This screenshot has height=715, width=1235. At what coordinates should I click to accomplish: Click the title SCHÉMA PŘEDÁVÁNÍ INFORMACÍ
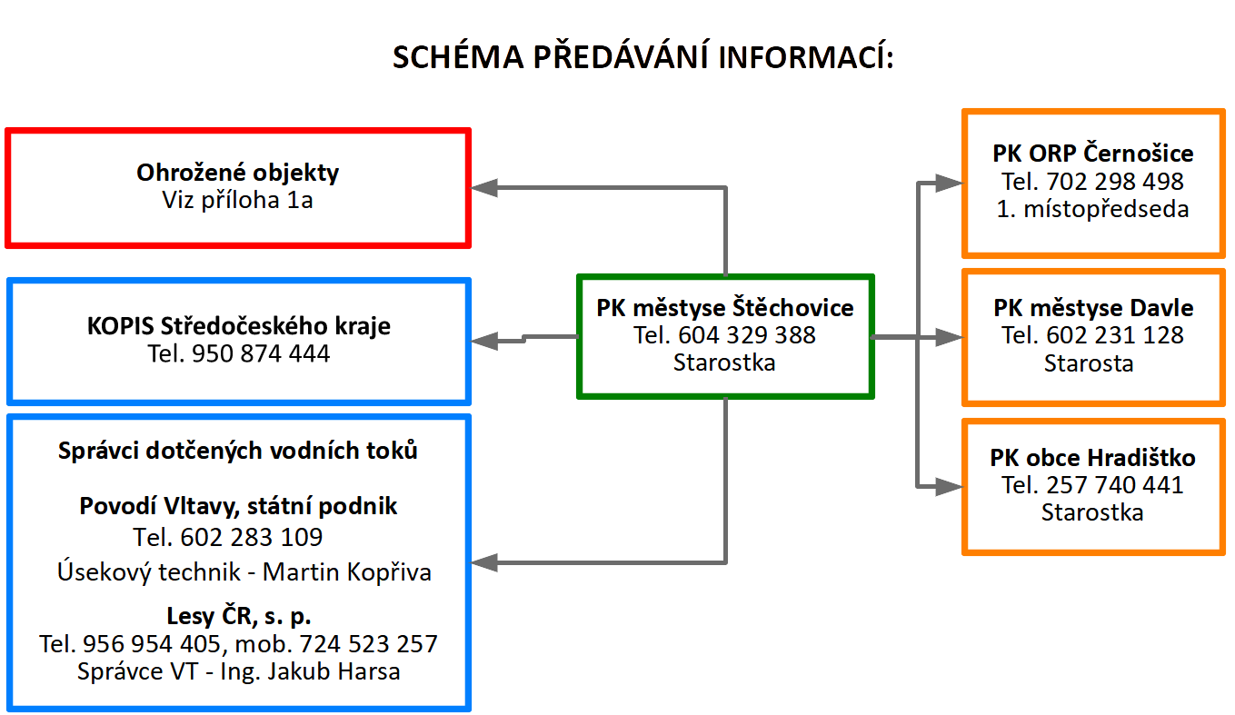(x=642, y=56)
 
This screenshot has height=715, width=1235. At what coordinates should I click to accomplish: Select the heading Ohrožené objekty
(x=237, y=174)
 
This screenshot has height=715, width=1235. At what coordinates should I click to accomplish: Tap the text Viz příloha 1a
(x=237, y=200)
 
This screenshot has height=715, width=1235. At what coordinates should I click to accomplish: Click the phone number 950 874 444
(x=261, y=354)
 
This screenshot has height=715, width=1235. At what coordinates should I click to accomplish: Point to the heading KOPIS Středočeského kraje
(x=239, y=326)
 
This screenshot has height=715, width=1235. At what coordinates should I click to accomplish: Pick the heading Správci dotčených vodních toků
(x=237, y=451)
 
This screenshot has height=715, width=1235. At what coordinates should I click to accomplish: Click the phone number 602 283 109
(x=252, y=538)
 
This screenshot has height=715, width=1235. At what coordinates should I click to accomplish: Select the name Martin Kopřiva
(x=347, y=572)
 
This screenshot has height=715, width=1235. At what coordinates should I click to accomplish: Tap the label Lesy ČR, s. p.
(x=239, y=617)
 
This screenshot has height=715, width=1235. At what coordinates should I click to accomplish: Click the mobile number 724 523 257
(x=368, y=644)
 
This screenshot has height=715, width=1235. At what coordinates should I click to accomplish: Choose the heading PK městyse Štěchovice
(x=725, y=308)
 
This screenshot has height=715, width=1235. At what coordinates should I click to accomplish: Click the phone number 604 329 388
(x=747, y=336)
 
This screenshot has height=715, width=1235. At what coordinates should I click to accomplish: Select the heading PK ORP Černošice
(x=1092, y=154)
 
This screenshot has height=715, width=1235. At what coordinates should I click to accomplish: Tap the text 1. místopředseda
(x=1092, y=210)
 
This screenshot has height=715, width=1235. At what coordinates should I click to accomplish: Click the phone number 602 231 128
(x=1115, y=336)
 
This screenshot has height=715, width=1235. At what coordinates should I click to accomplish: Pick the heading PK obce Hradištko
(x=1092, y=458)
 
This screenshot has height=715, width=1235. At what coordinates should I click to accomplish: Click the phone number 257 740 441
(x=1115, y=486)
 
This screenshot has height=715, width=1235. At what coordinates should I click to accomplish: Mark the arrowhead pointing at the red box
(x=484, y=188)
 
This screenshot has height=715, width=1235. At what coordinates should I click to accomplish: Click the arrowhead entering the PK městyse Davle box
(x=950, y=337)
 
